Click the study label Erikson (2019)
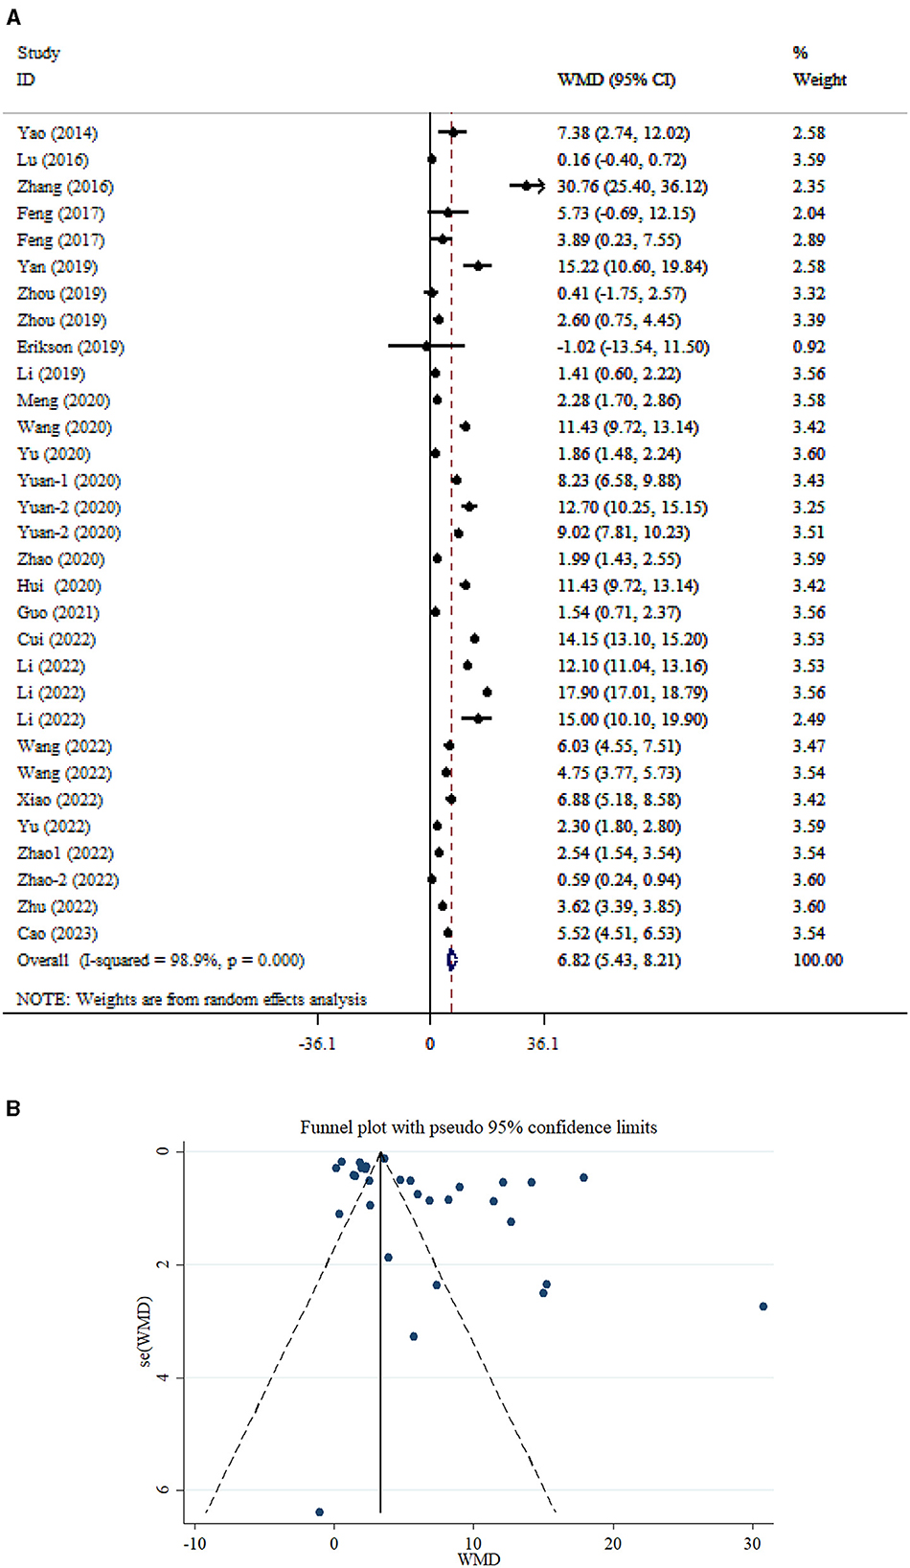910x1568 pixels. [x=70, y=347]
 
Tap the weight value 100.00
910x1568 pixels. [x=817, y=960]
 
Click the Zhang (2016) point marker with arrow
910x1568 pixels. [x=527, y=187]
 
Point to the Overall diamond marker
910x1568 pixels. [x=452, y=960]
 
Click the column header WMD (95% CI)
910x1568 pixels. [x=616, y=80]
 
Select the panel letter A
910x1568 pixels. [x=12, y=17]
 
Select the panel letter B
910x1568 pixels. [x=12, y=1108]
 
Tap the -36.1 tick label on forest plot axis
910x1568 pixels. [x=317, y=1043]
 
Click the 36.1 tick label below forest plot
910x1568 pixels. [x=542, y=1043]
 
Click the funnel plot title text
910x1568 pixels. [x=478, y=1127]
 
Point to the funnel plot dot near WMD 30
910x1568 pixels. [x=763, y=1307]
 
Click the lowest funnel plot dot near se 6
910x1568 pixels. [x=319, y=1512]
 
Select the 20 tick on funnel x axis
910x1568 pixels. [x=612, y=1543]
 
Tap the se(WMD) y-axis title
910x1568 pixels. [x=146, y=1331]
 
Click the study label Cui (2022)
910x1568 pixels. [x=56, y=639]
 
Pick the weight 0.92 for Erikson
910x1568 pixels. [x=808, y=347]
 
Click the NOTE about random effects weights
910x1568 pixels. [x=192, y=999]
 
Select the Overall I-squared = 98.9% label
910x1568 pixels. [x=160, y=960]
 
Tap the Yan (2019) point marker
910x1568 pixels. [x=478, y=266]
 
